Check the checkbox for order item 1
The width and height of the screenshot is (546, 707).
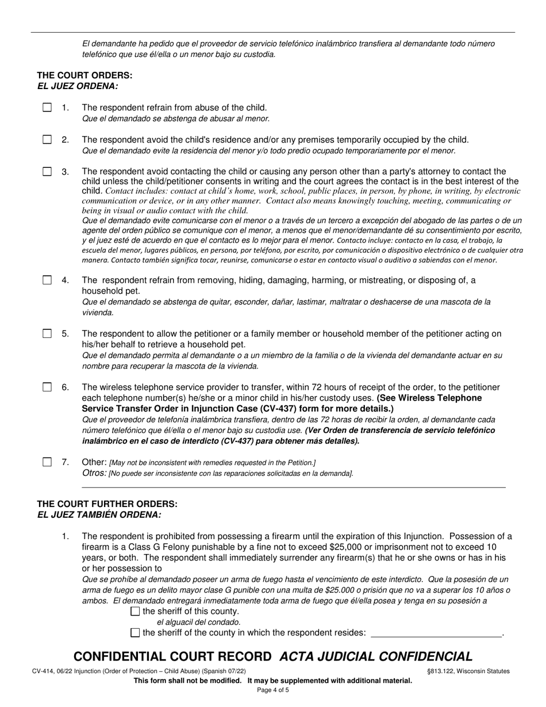tap(47, 107)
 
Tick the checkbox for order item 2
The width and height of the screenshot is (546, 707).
tap(47, 140)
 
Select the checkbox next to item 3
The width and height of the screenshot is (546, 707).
tap(47, 171)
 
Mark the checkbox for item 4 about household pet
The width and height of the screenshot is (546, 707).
tap(47, 280)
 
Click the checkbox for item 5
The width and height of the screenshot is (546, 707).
tap(47, 334)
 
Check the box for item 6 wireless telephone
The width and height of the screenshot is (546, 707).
tap(47, 387)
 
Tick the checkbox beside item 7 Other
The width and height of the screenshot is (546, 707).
tap(47, 462)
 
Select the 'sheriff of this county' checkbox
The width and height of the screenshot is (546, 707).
tap(136, 612)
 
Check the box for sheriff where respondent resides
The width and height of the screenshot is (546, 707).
tap(136, 633)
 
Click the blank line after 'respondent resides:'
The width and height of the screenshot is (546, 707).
tap(436, 633)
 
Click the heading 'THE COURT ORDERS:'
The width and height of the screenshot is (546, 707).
tap(84, 75)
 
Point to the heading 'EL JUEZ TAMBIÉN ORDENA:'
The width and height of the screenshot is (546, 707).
tap(99, 514)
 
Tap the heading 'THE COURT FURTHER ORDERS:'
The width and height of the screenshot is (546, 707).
tap(107, 504)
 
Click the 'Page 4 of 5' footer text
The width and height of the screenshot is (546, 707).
tap(273, 690)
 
